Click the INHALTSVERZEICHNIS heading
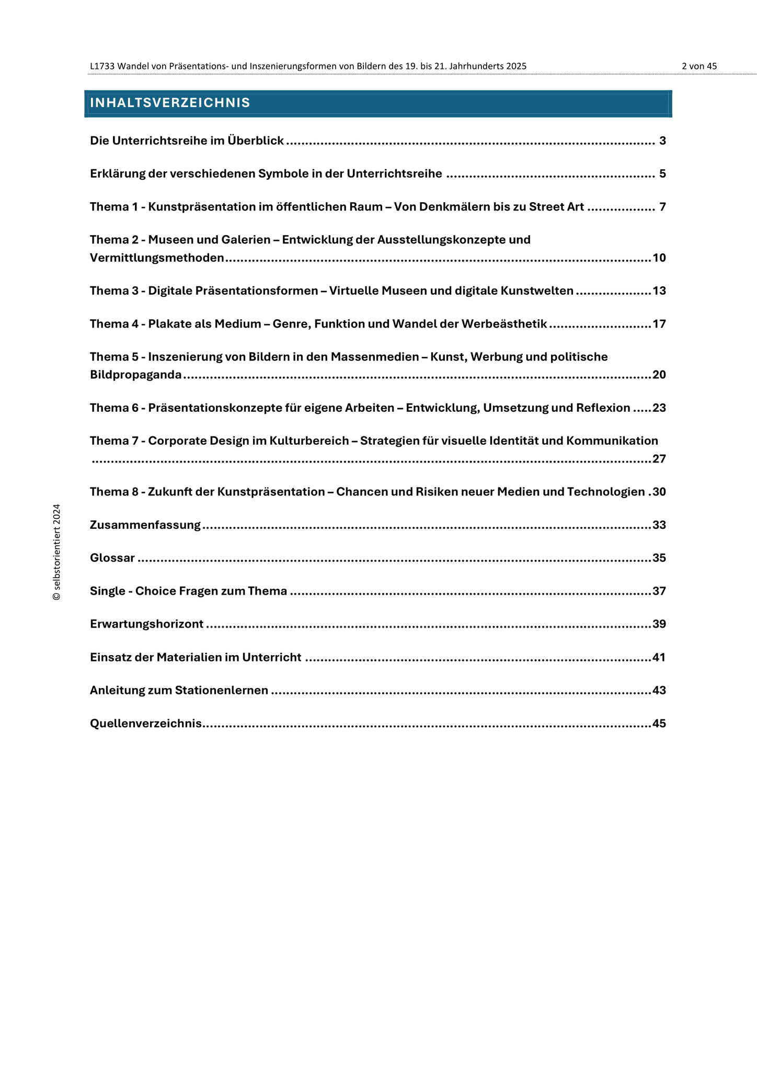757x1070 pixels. click(x=170, y=103)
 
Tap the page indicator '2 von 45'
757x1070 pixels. click(x=699, y=66)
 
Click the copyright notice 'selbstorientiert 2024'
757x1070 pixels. click(x=56, y=552)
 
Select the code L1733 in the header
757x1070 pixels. click(x=102, y=66)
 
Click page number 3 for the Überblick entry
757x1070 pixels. click(x=662, y=141)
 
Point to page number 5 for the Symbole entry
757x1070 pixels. click(x=662, y=174)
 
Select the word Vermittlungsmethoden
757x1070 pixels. click(x=157, y=258)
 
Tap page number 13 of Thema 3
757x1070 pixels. click(x=659, y=291)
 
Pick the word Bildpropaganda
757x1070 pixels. click(x=136, y=375)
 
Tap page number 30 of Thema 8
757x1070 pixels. click(x=659, y=492)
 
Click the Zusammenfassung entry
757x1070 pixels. click(x=145, y=525)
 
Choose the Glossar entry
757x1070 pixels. click(x=112, y=558)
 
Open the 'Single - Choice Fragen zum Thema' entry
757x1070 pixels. click(x=188, y=591)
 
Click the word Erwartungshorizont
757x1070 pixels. click(x=147, y=624)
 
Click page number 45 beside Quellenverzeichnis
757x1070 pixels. click(x=659, y=724)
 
